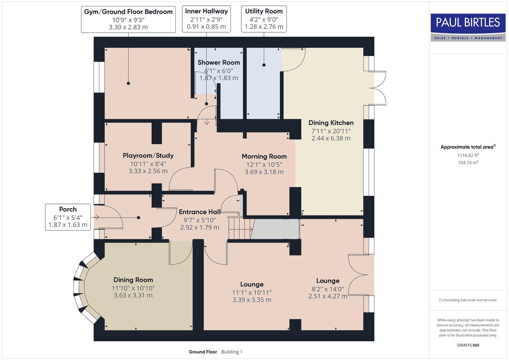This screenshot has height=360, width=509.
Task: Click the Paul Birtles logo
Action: (468, 27)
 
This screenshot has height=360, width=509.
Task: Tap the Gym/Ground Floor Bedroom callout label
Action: (128, 19)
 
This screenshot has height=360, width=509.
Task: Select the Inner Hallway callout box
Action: (206, 19)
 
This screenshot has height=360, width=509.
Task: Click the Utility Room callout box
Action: (264, 19)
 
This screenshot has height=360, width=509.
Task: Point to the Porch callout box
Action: (68, 217)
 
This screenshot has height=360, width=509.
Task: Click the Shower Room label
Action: (219, 62)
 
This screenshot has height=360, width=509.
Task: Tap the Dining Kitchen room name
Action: (331, 123)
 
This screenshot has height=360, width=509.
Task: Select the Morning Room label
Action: (264, 156)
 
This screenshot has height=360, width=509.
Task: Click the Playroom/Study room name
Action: (148, 155)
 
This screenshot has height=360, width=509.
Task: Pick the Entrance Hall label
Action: (199, 212)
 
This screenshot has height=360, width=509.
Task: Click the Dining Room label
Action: (133, 280)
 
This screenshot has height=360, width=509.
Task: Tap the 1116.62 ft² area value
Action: (468, 155)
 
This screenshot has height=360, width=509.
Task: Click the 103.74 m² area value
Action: (468, 163)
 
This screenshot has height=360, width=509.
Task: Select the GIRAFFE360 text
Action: (468, 345)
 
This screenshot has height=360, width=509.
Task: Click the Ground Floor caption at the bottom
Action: (203, 352)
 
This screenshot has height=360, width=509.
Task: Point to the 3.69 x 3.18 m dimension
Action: (264, 172)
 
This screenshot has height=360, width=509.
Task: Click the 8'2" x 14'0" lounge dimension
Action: (328, 289)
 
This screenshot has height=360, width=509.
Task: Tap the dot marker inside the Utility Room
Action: (264, 65)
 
